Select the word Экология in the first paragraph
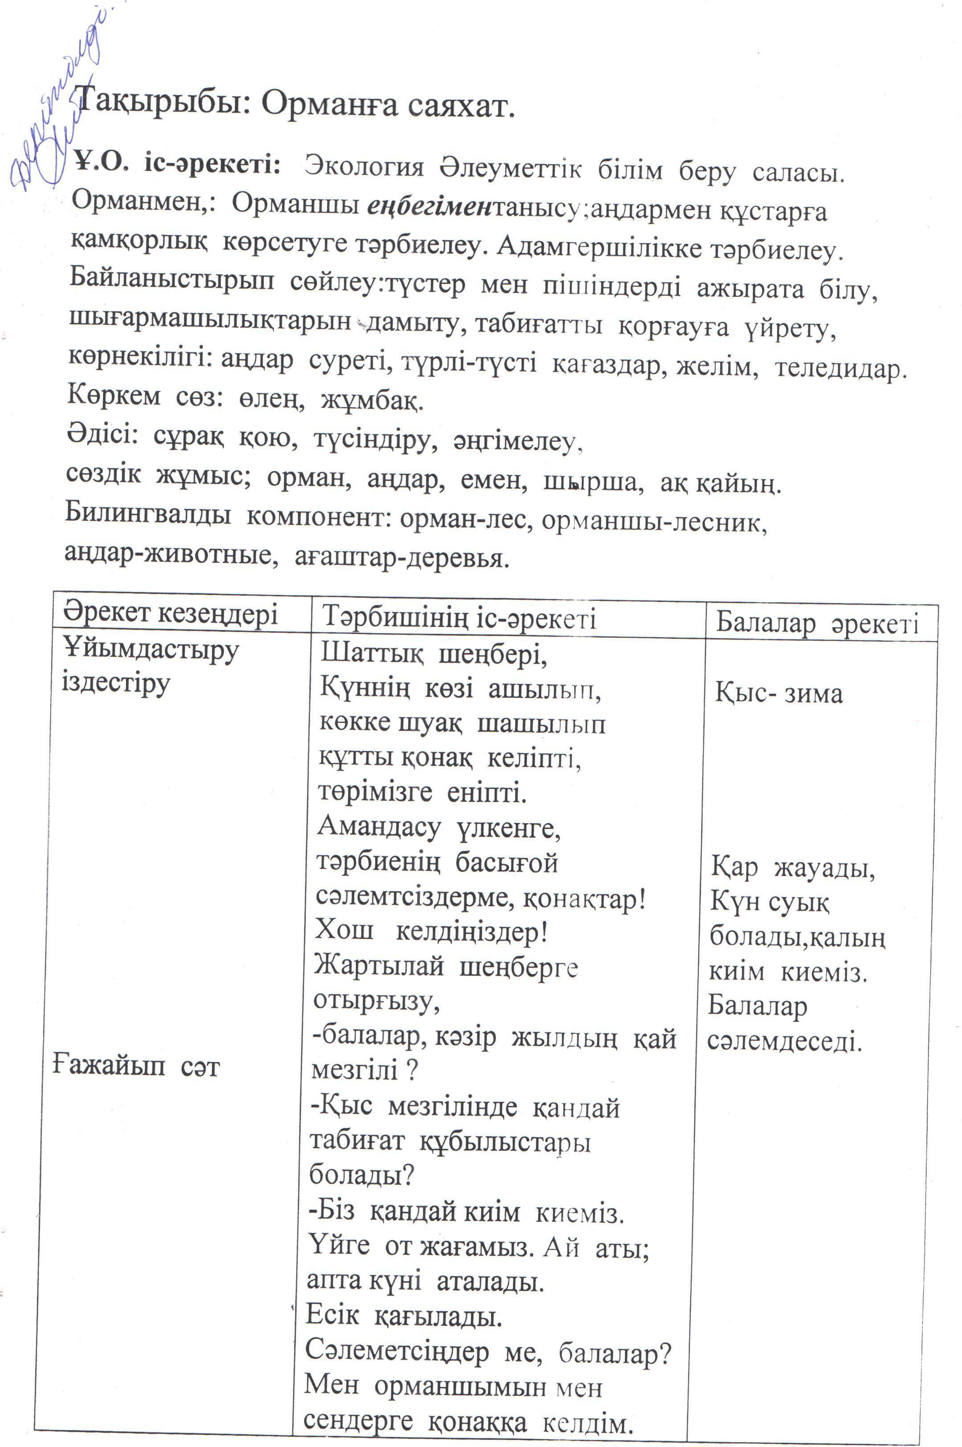[x=364, y=167]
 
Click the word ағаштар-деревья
[x=402, y=558]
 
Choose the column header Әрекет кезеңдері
[x=170, y=613]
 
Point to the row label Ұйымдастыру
[x=151, y=650]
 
